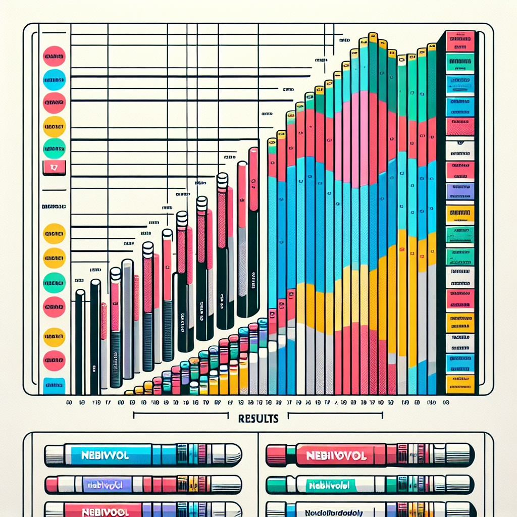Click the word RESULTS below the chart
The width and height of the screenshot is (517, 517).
point(257,419)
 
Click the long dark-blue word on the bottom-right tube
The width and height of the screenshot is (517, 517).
point(335,512)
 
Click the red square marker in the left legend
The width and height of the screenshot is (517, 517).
point(54,167)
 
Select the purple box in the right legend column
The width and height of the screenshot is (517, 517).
point(460,190)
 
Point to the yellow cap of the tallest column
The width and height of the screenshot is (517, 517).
point(373,37)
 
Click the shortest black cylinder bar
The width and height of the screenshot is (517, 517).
point(80,343)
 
